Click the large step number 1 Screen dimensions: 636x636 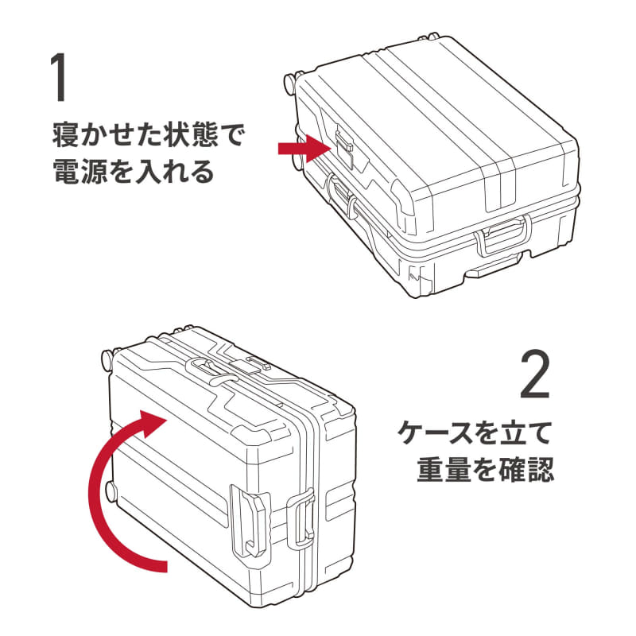pyautogui.click(x=57, y=78)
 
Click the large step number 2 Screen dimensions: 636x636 pyautogui.click(x=535, y=376)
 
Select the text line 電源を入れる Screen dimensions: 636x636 pyautogui.click(x=133, y=172)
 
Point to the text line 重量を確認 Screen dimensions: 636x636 pyautogui.click(x=485, y=470)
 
